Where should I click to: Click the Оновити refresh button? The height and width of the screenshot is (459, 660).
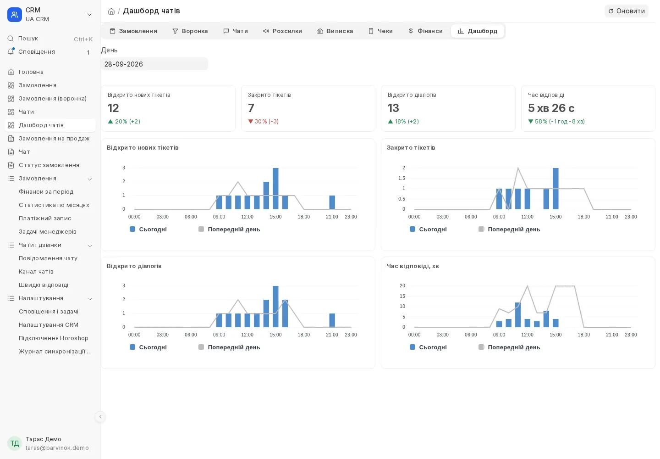[627, 11]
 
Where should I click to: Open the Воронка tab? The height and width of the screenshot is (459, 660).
[190, 31]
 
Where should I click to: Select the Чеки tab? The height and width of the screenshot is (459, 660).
[380, 31]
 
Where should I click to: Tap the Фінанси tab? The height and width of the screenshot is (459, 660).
[425, 31]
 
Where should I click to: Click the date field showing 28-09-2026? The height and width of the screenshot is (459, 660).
[154, 64]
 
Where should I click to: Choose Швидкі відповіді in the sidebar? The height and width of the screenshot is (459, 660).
[43, 285]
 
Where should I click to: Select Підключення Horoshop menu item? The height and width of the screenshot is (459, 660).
[53, 338]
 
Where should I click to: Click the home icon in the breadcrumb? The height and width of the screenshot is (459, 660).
[111, 11]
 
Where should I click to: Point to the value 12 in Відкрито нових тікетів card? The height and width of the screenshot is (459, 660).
[113, 108]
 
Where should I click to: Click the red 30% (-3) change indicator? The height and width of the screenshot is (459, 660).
[263, 122]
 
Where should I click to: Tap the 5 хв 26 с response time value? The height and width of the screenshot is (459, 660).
[551, 108]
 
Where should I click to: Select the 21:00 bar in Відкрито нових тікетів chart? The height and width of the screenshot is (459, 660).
[332, 202]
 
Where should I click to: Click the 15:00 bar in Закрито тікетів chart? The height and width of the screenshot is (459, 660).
[555, 189]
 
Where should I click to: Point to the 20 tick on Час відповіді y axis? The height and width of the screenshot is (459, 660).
[402, 285]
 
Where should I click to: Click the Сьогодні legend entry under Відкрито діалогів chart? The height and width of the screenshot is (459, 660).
[148, 347]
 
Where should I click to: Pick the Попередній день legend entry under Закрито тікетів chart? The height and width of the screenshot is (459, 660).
[509, 229]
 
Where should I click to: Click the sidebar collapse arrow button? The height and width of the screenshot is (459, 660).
[100, 417]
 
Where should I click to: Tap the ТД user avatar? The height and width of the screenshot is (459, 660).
[15, 443]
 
